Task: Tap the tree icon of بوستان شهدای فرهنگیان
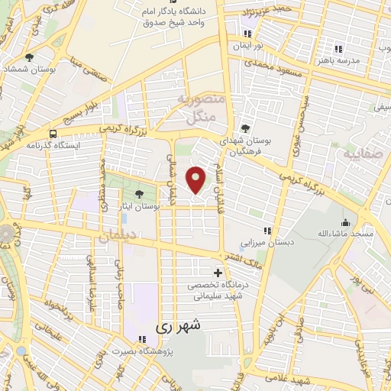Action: [x=245, y=128]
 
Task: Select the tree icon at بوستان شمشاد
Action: [x=29, y=57]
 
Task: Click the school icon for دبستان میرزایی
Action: [x=267, y=230]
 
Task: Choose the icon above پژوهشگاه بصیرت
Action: [x=141, y=340]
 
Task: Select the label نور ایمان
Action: [x=247, y=46]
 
